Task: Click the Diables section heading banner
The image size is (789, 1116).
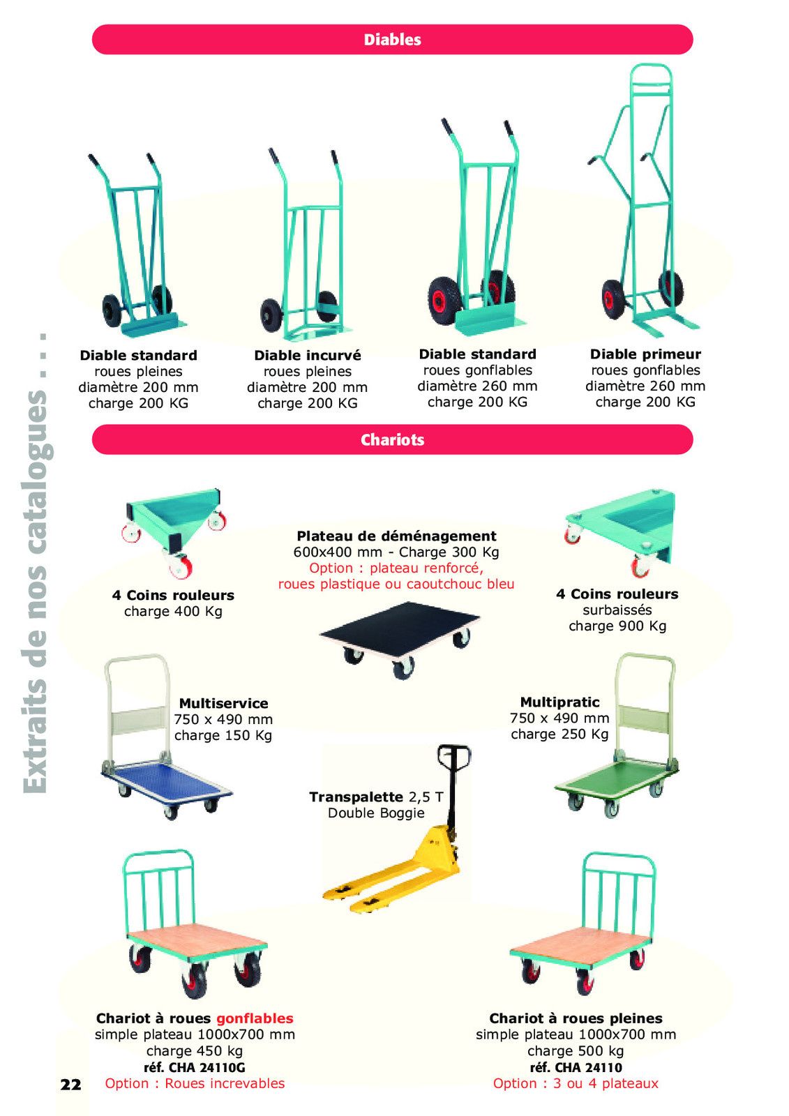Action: click(x=392, y=39)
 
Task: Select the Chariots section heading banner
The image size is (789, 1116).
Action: click(x=392, y=439)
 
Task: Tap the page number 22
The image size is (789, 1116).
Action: click(x=70, y=1085)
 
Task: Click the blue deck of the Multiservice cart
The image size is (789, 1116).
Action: click(x=167, y=781)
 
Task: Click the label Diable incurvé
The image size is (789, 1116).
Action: click(x=308, y=355)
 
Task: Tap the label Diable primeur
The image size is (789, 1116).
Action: click(x=645, y=354)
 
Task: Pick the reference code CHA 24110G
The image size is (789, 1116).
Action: click(x=195, y=1068)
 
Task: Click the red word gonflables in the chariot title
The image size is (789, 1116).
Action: click(x=255, y=1018)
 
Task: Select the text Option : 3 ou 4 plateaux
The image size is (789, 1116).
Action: click(x=576, y=1084)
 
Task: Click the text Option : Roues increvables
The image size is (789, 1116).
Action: click(x=195, y=1084)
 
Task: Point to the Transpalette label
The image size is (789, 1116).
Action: click(x=356, y=797)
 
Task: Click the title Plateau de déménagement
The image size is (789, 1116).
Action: click(x=396, y=536)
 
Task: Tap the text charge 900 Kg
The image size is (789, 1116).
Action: click(x=617, y=626)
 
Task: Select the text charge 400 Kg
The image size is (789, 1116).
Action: click(x=173, y=611)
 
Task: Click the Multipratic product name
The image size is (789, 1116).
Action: click(x=559, y=702)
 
